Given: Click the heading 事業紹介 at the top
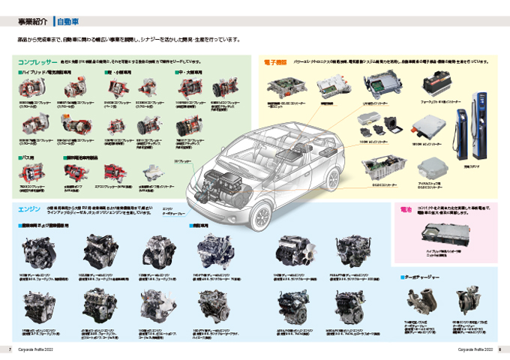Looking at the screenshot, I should tap(31, 22).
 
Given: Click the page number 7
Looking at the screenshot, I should tap(9, 349).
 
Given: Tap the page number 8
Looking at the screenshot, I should tap(499, 349).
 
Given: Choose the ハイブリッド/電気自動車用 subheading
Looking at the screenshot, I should tap(46, 73).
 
